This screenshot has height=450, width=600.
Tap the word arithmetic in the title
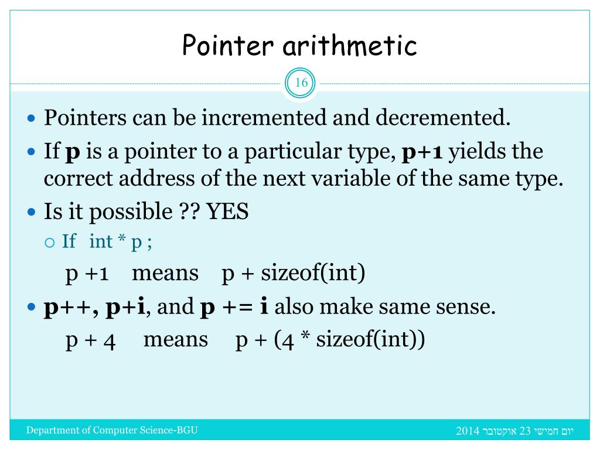point(349,46)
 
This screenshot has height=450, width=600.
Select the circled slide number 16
point(301,83)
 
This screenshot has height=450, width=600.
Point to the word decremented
point(443,118)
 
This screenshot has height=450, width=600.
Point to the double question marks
point(188,212)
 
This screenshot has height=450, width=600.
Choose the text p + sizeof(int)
point(293,274)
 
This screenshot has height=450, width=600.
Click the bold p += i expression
point(234,308)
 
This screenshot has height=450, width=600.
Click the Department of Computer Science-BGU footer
point(112,431)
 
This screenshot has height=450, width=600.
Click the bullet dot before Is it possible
point(33,212)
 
